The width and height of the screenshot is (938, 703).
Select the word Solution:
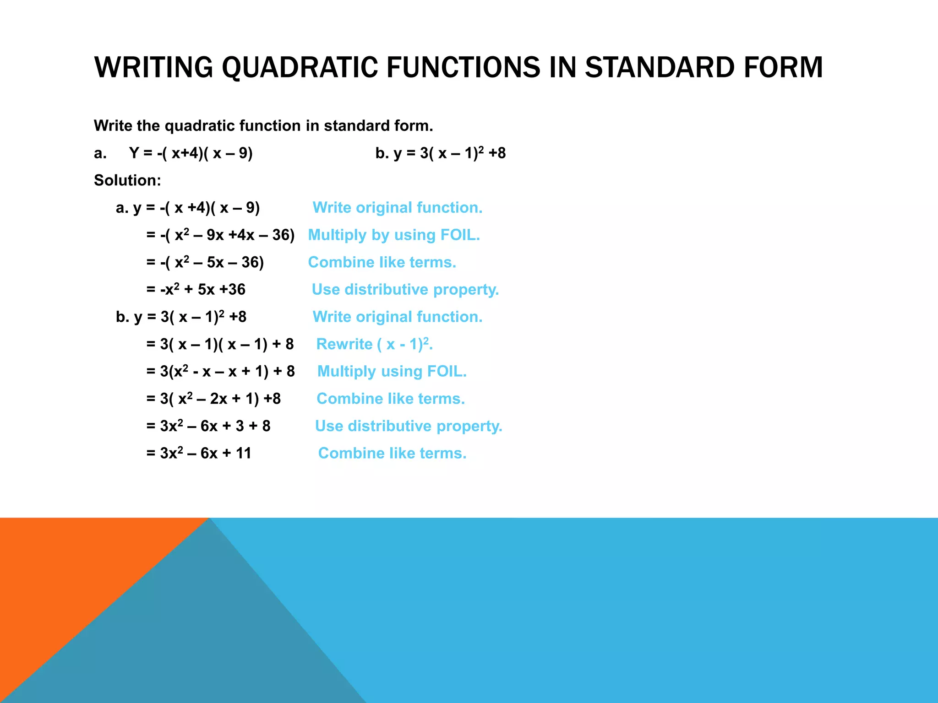127,180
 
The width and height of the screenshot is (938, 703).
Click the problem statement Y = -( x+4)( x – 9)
191,153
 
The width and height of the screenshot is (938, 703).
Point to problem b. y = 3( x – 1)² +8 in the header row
440,153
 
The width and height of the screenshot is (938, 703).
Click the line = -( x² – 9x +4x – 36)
220,235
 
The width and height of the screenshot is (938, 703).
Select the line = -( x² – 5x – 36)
205,262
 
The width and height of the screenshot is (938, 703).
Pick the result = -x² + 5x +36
196,289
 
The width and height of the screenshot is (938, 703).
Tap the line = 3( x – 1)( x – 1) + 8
220,344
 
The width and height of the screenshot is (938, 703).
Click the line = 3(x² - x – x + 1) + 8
220,371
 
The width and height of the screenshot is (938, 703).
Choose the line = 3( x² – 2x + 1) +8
213,399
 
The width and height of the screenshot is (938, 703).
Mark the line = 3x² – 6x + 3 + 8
208,426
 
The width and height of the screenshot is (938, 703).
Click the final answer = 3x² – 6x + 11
199,453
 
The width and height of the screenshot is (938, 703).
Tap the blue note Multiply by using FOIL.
394,235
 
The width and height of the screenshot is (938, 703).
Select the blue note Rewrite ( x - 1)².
374,344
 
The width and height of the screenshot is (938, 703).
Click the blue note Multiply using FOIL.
392,371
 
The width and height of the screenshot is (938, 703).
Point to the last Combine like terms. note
392,453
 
